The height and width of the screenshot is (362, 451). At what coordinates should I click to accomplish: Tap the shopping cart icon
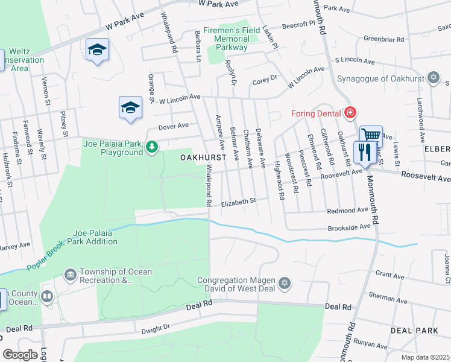click(x=371, y=135)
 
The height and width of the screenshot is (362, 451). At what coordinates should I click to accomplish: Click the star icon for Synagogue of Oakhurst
click(x=432, y=77)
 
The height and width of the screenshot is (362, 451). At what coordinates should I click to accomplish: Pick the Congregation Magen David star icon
click(x=285, y=283)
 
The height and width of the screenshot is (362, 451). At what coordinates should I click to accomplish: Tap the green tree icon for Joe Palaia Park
click(x=153, y=146)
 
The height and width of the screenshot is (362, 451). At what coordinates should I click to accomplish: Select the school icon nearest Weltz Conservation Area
click(x=96, y=50)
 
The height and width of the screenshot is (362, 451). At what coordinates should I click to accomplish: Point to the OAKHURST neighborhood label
click(x=203, y=157)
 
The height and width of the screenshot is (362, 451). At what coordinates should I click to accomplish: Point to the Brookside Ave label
click(x=348, y=228)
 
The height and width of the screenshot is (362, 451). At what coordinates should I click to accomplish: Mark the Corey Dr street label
click(x=264, y=78)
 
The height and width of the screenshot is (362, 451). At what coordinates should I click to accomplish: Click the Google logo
click(x=19, y=355)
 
